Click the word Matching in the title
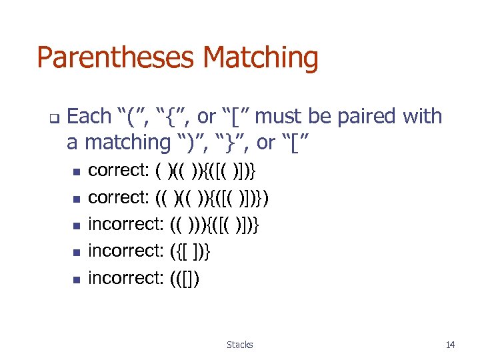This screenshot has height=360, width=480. [261, 58]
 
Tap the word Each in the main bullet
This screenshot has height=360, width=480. [89, 117]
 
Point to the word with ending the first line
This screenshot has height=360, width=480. [423, 117]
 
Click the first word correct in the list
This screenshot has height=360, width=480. [118, 171]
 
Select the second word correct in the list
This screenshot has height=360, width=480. [118, 197]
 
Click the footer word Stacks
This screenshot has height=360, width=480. [239, 345]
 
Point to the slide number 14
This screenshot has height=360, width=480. [450, 345]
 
